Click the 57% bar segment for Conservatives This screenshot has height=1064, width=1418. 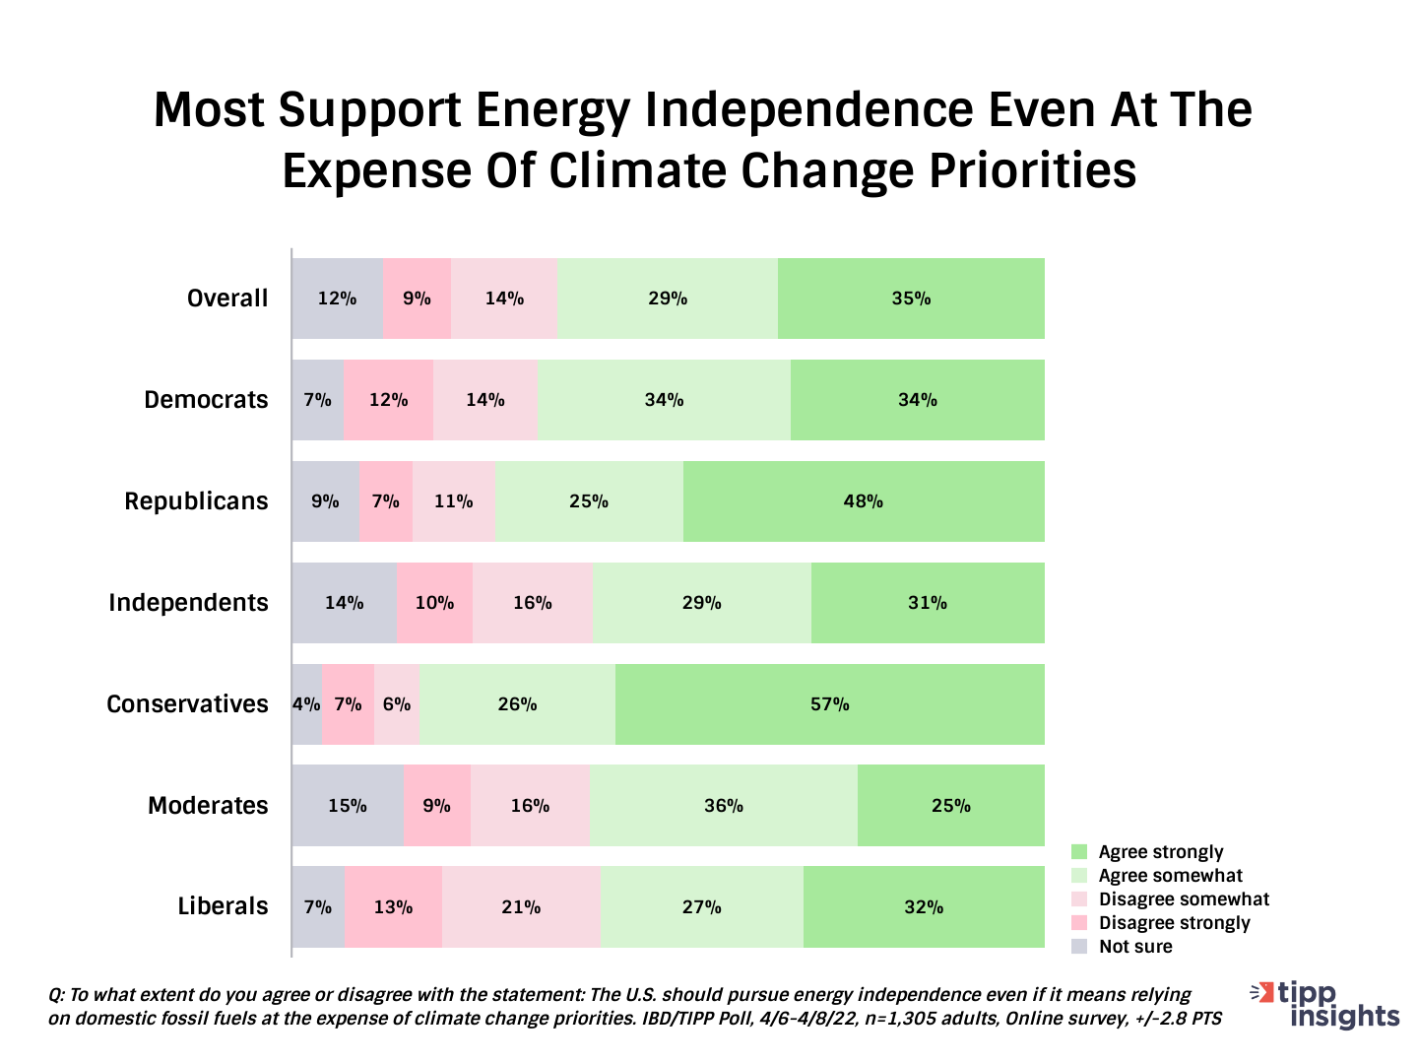(829, 704)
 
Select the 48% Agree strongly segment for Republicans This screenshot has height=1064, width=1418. (863, 501)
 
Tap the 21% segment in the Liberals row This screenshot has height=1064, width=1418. (521, 906)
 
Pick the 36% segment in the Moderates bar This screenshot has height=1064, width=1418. (723, 806)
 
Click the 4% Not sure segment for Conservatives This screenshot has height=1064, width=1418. (306, 704)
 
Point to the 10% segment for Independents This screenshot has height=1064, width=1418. (434, 603)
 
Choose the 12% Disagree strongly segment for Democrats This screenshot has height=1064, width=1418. (388, 400)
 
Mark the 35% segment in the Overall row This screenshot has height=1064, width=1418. (911, 299)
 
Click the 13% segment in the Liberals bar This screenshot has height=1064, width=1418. (393, 906)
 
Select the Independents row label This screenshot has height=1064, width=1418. (188, 603)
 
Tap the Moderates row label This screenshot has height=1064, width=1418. (208, 806)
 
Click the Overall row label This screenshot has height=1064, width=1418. (227, 299)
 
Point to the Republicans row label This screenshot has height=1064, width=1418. (196, 501)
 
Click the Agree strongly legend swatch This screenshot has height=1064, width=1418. (1079, 852)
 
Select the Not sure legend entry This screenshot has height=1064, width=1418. (1135, 947)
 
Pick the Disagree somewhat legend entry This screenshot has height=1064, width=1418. (1184, 899)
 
